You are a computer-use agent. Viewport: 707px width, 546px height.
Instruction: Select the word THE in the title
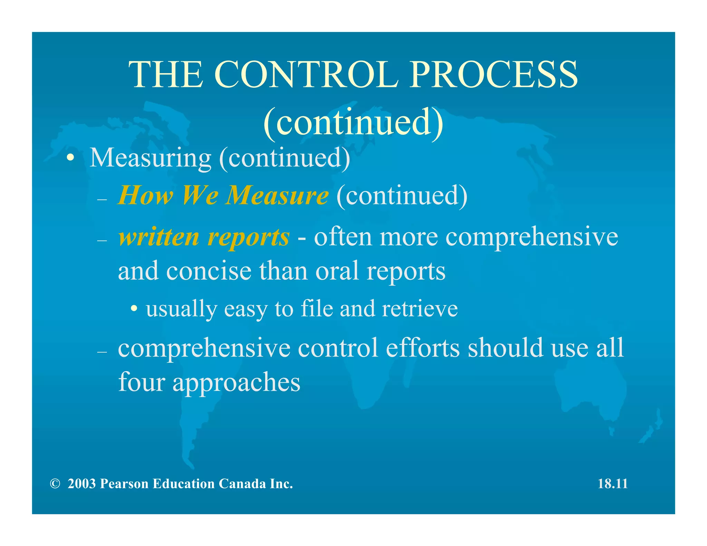166,74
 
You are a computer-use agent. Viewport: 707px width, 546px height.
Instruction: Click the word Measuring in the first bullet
150,158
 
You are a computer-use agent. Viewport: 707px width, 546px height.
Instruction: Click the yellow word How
145,195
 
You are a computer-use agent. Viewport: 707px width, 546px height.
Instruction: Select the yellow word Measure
277,195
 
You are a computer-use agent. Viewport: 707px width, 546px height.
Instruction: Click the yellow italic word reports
248,238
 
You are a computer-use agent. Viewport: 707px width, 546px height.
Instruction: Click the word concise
209,271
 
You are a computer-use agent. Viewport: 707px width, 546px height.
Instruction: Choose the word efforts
423,348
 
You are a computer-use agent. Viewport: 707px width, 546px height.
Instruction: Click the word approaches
236,382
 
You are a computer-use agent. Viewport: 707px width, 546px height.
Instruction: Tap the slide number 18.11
612,484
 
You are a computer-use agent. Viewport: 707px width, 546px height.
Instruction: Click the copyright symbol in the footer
55,484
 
